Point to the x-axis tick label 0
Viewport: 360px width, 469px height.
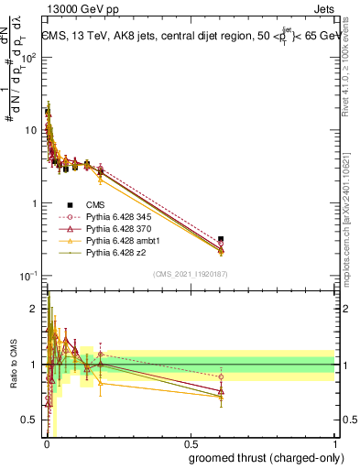click(47, 444)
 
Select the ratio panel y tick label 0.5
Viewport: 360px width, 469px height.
click(29, 420)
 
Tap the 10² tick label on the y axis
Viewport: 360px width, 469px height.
click(29, 57)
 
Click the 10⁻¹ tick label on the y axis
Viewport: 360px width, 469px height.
click(29, 276)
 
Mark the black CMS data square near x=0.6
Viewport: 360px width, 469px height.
click(221, 239)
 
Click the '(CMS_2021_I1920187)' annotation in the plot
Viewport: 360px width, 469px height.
click(191, 274)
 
